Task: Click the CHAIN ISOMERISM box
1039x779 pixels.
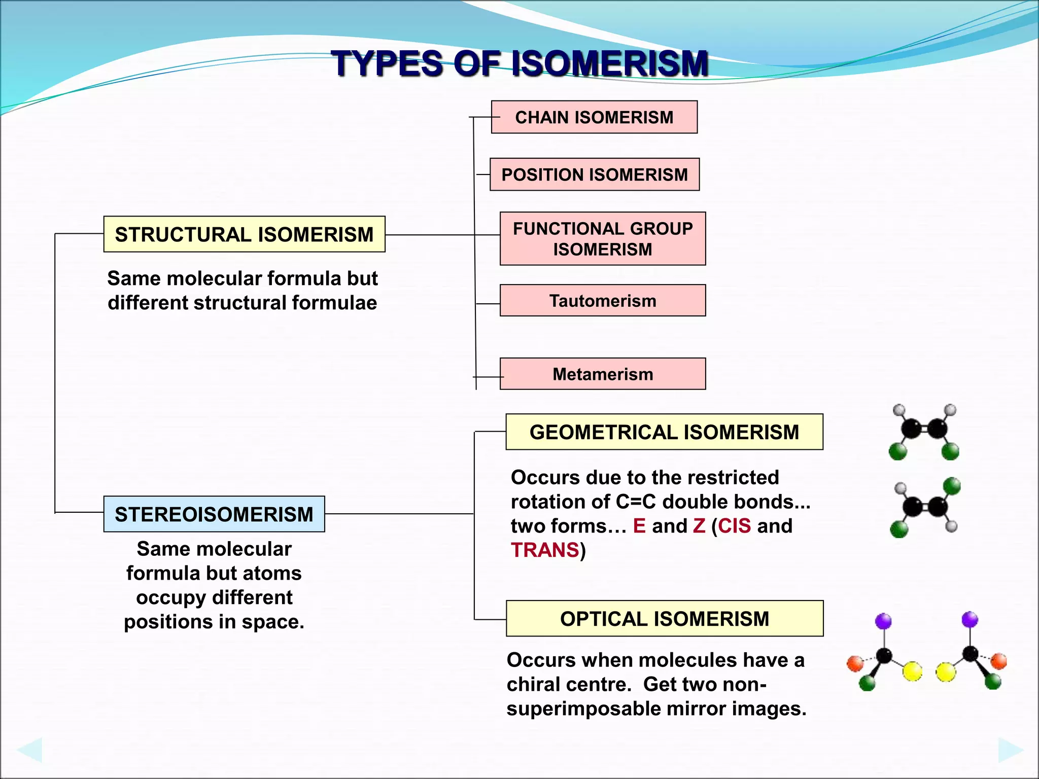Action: pyautogui.click(x=594, y=117)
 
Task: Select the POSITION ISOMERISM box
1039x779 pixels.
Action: pyautogui.click(x=594, y=174)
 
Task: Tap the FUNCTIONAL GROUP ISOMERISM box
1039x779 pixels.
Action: pyautogui.click(x=602, y=239)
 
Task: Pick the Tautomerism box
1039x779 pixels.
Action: pyautogui.click(x=602, y=301)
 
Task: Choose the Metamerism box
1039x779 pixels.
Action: pyautogui.click(x=602, y=374)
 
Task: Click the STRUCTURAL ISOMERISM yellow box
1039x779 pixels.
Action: pyautogui.click(x=244, y=234)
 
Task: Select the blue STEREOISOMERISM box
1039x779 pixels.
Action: pyautogui.click(x=214, y=514)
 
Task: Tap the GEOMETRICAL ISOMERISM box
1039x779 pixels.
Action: pyautogui.click(x=664, y=432)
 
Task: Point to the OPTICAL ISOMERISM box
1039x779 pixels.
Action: pyautogui.click(x=664, y=619)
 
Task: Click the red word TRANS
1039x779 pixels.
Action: pyautogui.click(x=545, y=550)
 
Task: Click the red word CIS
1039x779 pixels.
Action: pyautogui.click(x=734, y=526)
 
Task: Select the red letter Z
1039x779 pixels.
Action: pyautogui.click(x=699, y=526)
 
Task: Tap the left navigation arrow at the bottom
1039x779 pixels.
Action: pyautogui.click(x=29, y=750)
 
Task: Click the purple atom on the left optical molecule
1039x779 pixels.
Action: pyautogui.click(x=883, y=621)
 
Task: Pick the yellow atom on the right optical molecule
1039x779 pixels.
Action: pyautogui.click(x=946, y=672)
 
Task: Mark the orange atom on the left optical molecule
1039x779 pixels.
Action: pyautogui.click(x=855, y=663)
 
